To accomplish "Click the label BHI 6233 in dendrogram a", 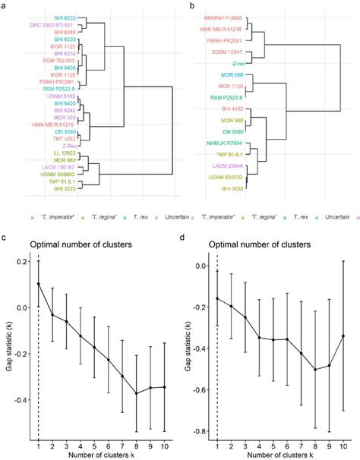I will pos(65,17).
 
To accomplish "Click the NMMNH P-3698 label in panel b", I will pos(226,17).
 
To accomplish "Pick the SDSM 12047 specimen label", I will pos(229,52).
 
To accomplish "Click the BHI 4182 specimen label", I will pos(232,109).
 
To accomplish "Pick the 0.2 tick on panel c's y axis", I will pos(17,261).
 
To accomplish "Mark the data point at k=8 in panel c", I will pos(137,393).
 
